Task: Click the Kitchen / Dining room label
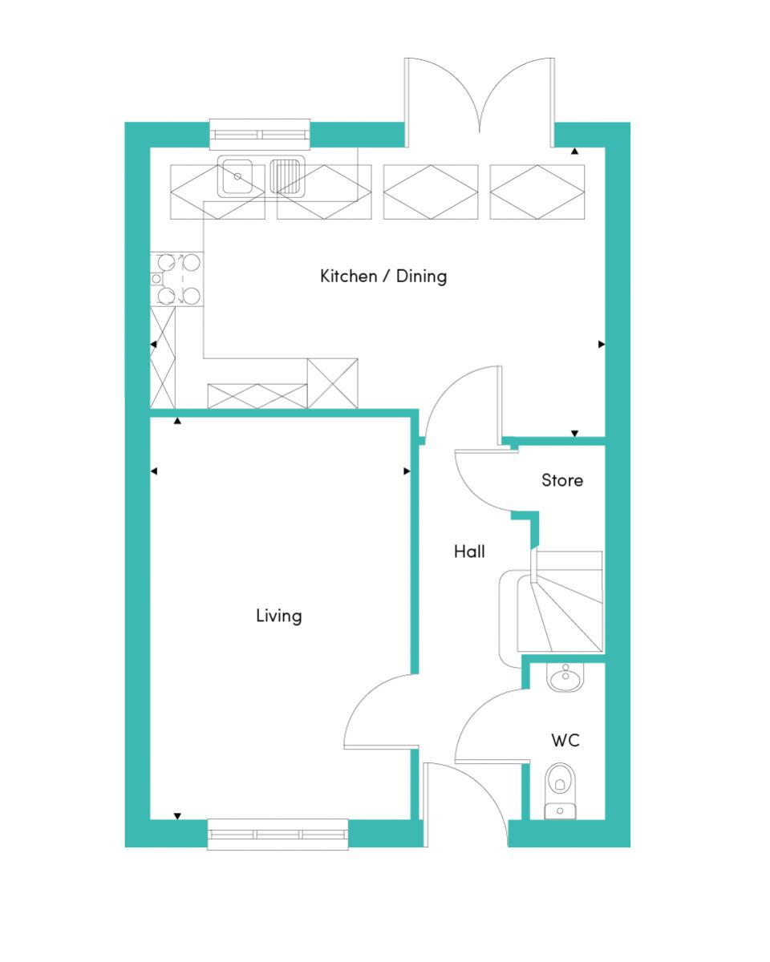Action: [383, 277]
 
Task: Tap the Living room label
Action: [279, 616]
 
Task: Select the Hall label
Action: [469, 552]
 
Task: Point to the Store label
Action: [562, 480]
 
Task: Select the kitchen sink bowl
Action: [235, 176]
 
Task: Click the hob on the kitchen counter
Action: [176, 279]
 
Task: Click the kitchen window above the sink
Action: [260, 134]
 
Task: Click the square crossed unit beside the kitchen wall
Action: [332, 383]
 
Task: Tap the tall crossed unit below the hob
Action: [163, 358]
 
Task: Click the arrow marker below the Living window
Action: [177, 816]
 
